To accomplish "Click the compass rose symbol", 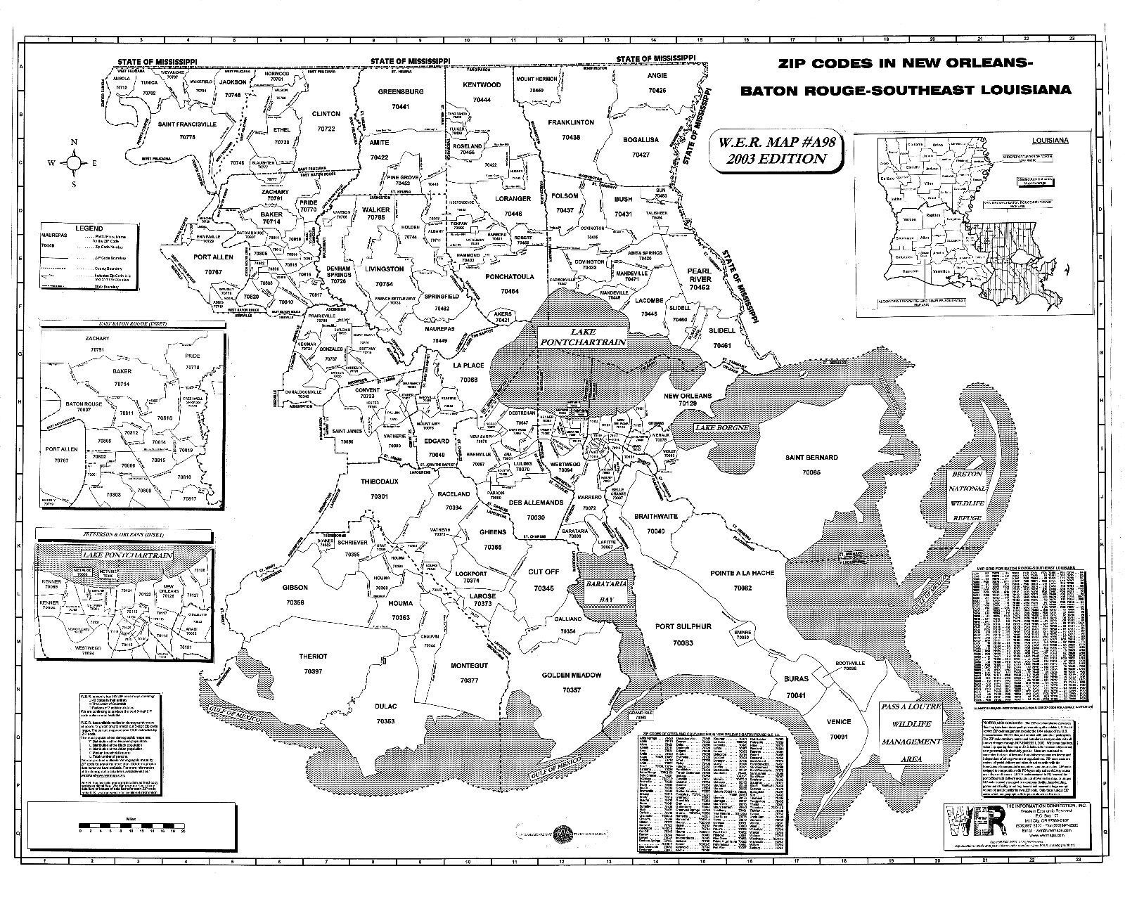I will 74,163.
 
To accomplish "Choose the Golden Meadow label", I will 572,675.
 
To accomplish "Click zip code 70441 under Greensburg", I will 400,105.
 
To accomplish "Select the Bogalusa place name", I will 641,140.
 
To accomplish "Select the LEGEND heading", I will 89,228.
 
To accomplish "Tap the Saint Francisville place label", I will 187,124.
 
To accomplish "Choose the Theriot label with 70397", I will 314,656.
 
